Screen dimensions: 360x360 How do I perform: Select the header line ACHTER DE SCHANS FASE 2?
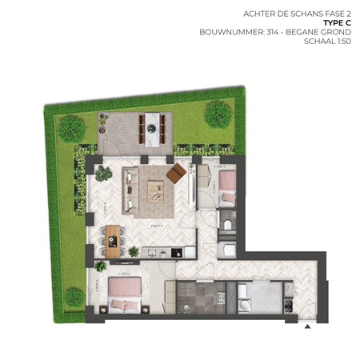[x=287, y=14]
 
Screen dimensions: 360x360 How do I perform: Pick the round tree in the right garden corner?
[x=218, y=114]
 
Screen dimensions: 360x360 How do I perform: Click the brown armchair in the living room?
[x=176, y=174]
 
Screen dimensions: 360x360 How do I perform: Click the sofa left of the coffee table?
[x=128, y=190]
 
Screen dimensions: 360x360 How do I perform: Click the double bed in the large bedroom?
[x=125, y=294]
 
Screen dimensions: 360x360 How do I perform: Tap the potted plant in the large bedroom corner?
[x=102, y=267]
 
